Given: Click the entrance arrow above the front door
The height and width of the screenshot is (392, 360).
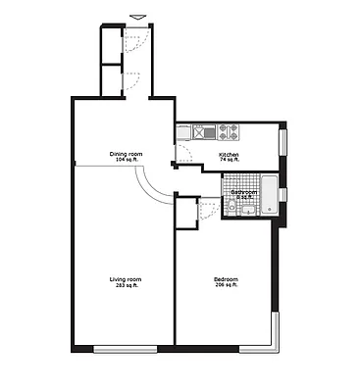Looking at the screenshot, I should (135, 17).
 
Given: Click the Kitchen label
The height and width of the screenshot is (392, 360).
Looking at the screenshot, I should (229, 153).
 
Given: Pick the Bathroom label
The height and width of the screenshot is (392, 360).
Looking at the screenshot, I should (243, 192).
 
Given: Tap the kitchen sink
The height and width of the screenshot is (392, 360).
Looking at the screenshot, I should (209, 130).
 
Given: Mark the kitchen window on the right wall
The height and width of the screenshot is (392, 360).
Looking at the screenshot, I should (284, 140).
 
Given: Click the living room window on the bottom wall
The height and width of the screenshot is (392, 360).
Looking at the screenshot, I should (125, 350).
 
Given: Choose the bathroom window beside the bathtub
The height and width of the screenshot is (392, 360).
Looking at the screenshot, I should (283, 193).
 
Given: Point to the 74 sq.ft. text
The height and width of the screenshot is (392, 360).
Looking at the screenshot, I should (229, 159).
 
